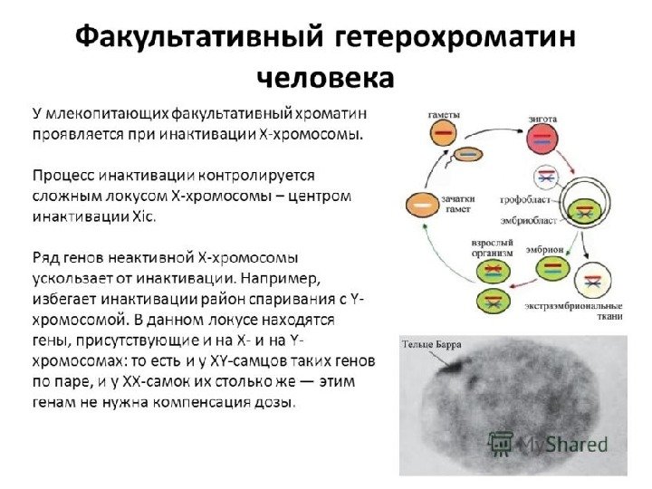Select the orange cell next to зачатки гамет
421,204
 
